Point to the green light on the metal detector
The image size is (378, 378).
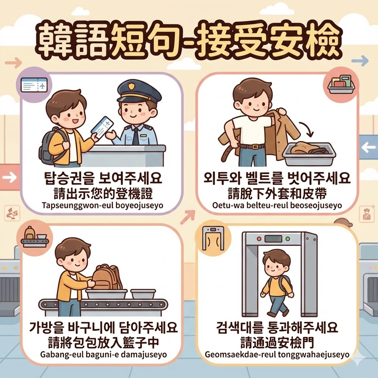coord(288,239)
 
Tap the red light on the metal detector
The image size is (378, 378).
coord(259,239)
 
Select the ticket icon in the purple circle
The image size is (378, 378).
coord(34,85)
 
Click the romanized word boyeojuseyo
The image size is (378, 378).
coord(135,206)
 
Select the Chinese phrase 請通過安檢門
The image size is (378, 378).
coord(277,342)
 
